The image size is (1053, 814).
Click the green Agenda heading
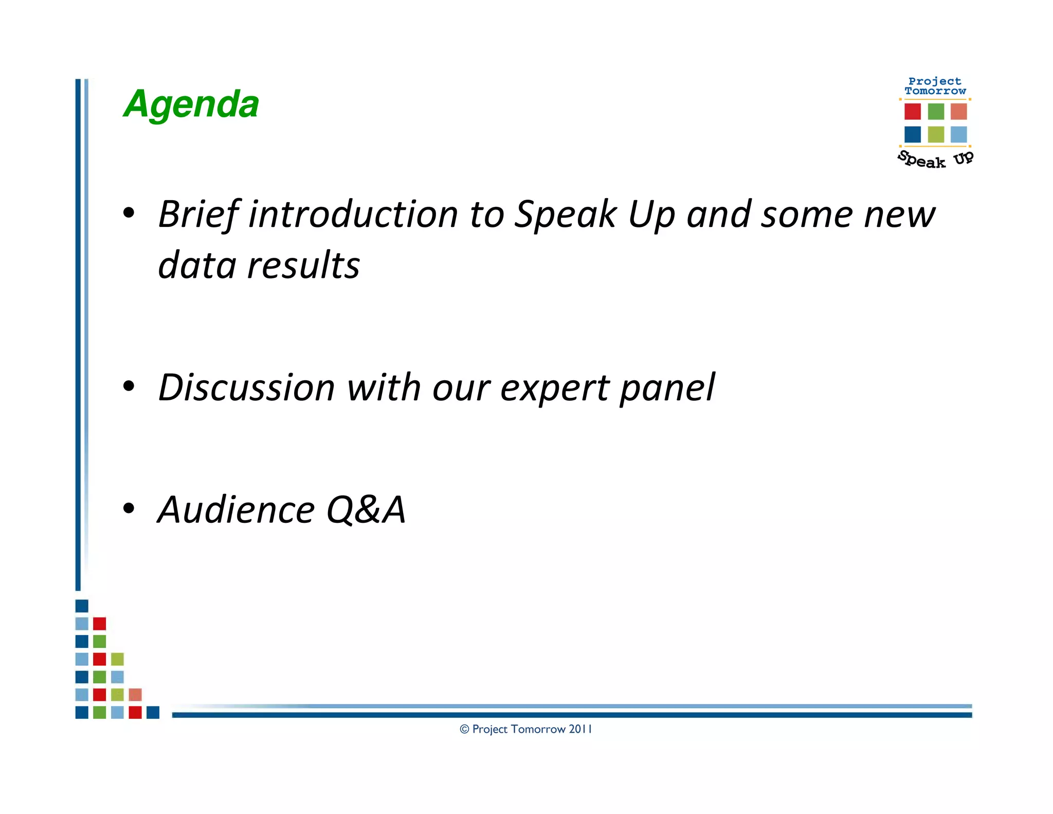pos(191,104)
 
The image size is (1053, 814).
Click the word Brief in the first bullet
pos(198,214)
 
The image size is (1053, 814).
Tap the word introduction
pos(353,214)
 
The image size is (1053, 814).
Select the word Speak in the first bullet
pos(565,215)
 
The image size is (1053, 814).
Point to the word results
pos(303,266)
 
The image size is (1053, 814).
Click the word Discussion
pos(246,387)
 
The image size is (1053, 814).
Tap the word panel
pos(667,387)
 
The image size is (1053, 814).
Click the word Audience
pos(236,510)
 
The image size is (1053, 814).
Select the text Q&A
pos(366,510)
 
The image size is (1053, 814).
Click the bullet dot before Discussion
pos(129,386)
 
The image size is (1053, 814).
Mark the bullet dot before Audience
pos(129,508)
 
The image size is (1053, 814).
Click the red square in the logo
pos(912,112)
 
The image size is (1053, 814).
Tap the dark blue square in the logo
pos(912,134)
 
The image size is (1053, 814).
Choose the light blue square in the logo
pos(958,134)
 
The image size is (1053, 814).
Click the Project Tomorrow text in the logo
pos(935,86)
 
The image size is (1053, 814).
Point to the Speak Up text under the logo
pos(935,160)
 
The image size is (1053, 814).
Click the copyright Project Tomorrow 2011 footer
pos(525,729)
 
